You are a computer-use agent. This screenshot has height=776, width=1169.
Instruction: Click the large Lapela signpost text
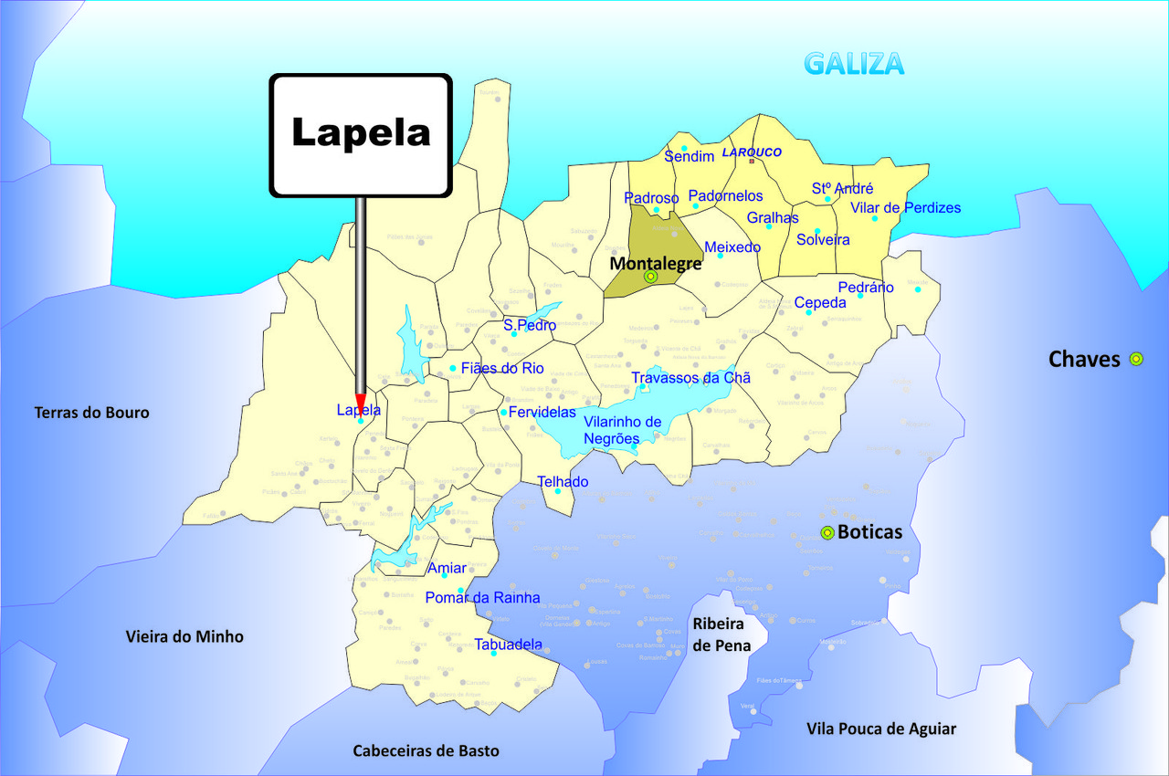pos(361,132)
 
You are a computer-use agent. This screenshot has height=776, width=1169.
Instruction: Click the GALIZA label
pos(854,64)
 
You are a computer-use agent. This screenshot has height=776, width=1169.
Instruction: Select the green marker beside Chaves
pos(1136,359)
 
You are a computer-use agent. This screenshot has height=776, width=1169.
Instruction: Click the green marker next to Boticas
pos(827,533)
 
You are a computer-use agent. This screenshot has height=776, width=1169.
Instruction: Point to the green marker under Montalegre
pos(650,276)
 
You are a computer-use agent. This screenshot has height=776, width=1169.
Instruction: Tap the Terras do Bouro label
pos(91,413)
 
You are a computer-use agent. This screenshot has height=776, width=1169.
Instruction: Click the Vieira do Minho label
pos(184,636)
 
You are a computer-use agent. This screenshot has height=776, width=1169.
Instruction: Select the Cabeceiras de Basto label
pos(427,750)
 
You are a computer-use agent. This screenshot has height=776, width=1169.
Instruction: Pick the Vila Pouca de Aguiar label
pos(881,729)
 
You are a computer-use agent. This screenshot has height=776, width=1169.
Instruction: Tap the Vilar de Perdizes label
pos(906,208)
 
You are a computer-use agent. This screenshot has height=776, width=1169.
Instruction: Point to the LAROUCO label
pos(753,152)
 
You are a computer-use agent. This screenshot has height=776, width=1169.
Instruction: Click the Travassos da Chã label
pos(691,378)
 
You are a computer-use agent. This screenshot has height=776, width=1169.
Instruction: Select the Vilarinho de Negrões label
pos(622,430)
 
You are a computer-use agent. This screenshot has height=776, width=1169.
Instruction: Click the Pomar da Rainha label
pos(482,598)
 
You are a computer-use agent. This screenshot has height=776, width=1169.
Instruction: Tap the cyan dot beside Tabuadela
pos(493,654)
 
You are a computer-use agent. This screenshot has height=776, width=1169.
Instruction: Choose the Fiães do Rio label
pos(502,369)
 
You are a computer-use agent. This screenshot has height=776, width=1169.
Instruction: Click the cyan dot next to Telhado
pos(558,492)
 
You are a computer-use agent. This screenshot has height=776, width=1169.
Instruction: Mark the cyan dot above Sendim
pos(683,148)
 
